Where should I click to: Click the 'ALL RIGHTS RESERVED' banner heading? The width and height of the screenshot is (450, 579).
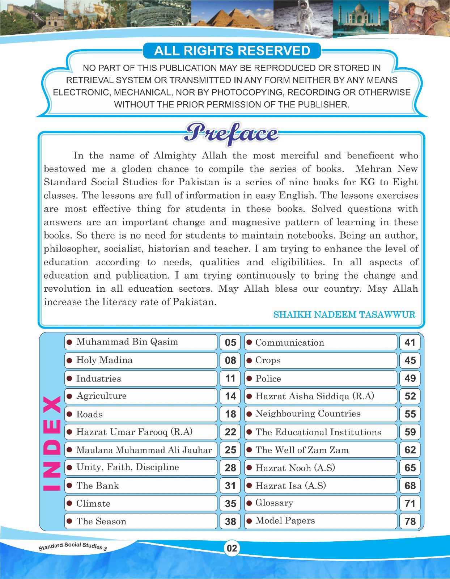click(x=232, y=51)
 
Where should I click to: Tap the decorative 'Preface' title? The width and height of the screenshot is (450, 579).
click(x=232, y=133)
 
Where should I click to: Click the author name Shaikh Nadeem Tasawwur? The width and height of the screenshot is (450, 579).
click(x=344, y=314)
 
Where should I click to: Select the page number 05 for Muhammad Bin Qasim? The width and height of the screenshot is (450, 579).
click(x=230, y=342)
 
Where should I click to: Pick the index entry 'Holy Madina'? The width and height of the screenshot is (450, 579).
click(x=104, y=360)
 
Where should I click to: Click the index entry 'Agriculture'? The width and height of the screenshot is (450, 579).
click(x=101, y=396)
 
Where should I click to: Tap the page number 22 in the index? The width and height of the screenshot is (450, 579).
click(x=230, y=432)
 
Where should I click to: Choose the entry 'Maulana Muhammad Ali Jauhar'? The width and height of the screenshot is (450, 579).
click(x=144, y=450)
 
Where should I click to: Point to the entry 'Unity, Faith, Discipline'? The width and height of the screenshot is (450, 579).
click(x=127, y=467)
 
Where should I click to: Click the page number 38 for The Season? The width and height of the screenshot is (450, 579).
click(x=230, y=521)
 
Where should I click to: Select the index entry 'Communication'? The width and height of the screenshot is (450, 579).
click(x=289, y=342)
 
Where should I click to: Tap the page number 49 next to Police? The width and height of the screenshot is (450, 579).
click(x=410, y=378)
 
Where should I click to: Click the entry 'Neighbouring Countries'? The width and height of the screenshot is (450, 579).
click(x=308, y=414)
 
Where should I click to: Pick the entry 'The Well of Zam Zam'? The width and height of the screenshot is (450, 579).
click(x=302, y=450)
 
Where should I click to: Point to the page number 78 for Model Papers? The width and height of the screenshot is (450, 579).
click(x=410, y=521)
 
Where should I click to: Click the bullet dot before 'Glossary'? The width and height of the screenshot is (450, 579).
click(x=249, y=503)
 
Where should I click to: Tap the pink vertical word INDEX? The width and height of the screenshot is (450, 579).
click(x=52, y=443)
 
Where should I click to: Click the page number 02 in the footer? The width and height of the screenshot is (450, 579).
click(x=232, y=548)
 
